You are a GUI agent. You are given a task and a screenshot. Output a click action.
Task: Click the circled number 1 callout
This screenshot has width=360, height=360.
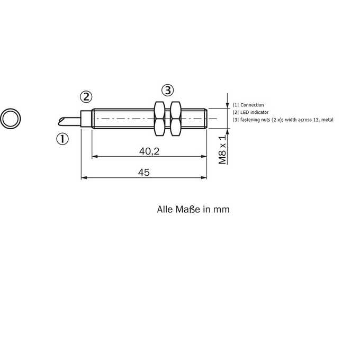(62, 139)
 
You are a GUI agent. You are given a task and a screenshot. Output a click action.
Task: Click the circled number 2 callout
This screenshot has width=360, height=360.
(86, 97)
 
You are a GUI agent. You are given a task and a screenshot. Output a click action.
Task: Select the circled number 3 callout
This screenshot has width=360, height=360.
(168, 90)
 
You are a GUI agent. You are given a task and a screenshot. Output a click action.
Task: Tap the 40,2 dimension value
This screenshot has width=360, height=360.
(149, 151)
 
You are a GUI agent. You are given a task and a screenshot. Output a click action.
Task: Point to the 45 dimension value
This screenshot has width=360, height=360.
(144, 173)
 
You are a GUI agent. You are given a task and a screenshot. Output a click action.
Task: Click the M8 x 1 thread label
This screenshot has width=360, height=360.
(222, 149)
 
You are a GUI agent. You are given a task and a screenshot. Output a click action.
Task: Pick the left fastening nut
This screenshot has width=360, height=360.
(159, 119)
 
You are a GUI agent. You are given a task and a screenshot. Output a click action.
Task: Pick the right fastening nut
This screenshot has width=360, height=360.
(176, 119)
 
